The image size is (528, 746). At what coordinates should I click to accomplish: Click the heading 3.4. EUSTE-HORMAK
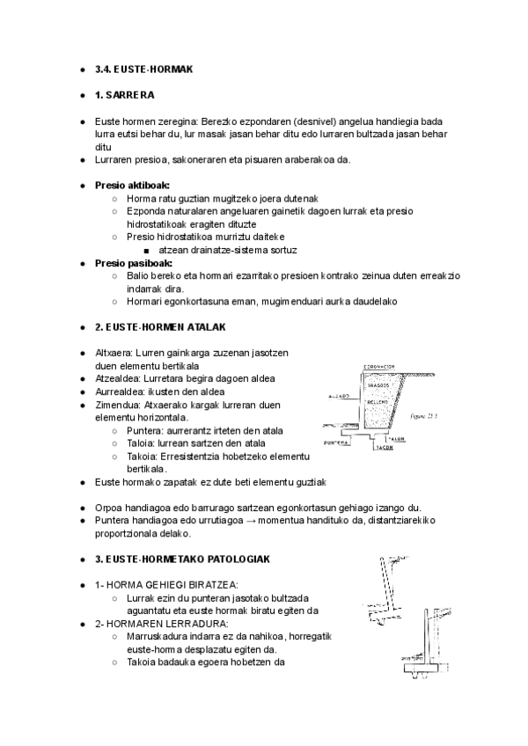pyautogui.click(x=143, y=69)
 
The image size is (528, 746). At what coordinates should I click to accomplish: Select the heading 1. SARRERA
pyautogui.click(x=125, y=94)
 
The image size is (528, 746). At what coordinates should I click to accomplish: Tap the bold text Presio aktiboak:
pyautogui.click(x=132, y=186)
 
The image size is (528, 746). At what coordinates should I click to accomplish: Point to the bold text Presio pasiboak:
pyautogui.click(x=134, y=263)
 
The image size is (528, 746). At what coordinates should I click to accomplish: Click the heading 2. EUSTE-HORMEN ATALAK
pyautogui.click(x=160, y=326)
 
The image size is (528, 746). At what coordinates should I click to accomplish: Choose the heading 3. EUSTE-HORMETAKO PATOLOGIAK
pyautogui.click(x=187, y=559)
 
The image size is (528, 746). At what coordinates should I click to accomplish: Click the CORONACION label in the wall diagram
pyautogui.click(x=378, y=367)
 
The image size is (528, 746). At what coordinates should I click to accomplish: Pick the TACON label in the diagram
pyautogui.click(x=384, y=448)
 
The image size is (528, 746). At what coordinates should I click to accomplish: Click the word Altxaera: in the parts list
pyautogui.click(x=116, y=352)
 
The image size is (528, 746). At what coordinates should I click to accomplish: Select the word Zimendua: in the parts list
pyautogui.click(x=118, y=405)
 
